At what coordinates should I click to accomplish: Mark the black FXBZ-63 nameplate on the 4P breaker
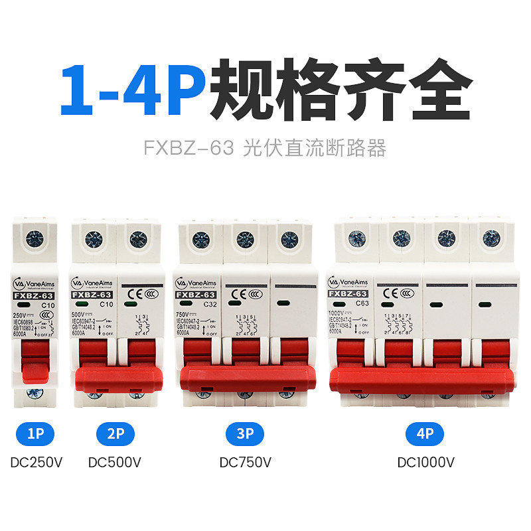point(348,293)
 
